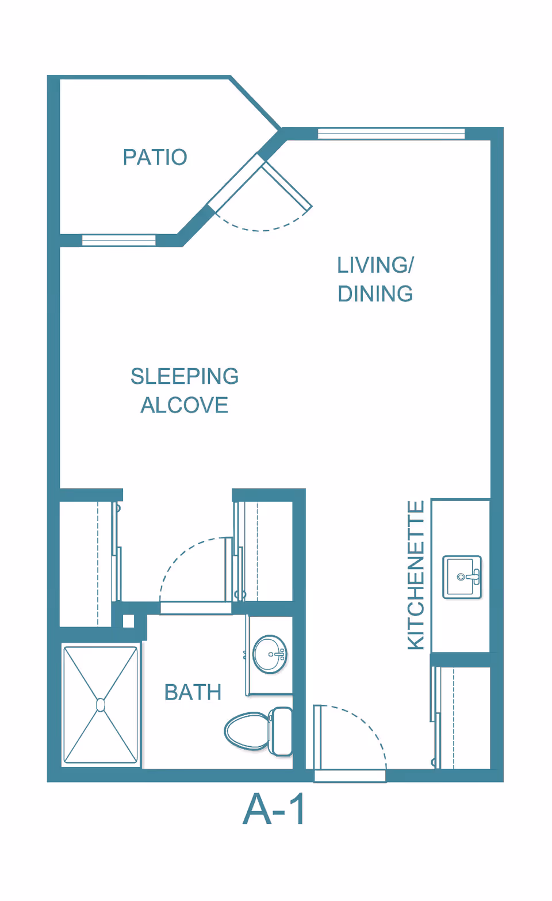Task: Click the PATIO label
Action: pyautogui.click(x=155, y=157)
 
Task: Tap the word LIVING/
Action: pyautogui.click(x=375, y=265)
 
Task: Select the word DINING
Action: pyautogui.click(x=375, y=293)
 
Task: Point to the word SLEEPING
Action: pyautogui.click(x=185, y=376)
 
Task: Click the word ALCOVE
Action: pyautogui.click(x=185, y=404)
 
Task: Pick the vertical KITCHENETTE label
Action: pyautogui.click(x=416, y=575)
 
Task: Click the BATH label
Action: pyautogui.click(x=193, y=692)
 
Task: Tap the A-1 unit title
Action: pyautogui.click(x=273, y=810)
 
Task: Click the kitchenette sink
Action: pyautogui.click(x=462, y=577)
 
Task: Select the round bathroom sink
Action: pyautogui.click(x=270, y=654)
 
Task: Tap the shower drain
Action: pyautogui.click(x=101, y=705)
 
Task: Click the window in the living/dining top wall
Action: pyautogui.click(x=391, y=133)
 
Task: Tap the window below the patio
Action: pyautogui.click(x=118, y=240)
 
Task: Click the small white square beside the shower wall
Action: pyautogui.click(x=129, y=621)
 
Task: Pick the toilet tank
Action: pyautogui.click(x=281, y=732)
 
